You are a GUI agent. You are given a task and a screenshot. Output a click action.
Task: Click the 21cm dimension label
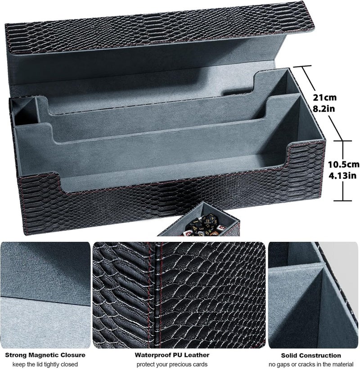(324, 98)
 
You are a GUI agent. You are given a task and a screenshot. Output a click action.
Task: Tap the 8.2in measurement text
(324, 109)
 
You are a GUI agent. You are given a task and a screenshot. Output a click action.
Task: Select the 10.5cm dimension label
(344, 164)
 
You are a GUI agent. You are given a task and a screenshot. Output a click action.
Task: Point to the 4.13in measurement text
(342, 176)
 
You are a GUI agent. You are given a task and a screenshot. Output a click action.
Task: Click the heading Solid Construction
(311, 356)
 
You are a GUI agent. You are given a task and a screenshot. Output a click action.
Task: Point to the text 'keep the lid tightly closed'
(45, 365)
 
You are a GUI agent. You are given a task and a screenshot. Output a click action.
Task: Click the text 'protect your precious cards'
(172, 365)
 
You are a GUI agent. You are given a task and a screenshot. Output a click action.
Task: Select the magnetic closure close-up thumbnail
(45, 295)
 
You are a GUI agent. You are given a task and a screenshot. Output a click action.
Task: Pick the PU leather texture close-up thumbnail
(179, 295)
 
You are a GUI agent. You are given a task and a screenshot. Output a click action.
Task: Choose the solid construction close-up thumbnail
(314, 295)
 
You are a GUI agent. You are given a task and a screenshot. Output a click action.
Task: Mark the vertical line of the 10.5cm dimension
(343, 171)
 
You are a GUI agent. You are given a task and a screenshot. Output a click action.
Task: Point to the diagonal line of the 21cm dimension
(322, 103)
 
